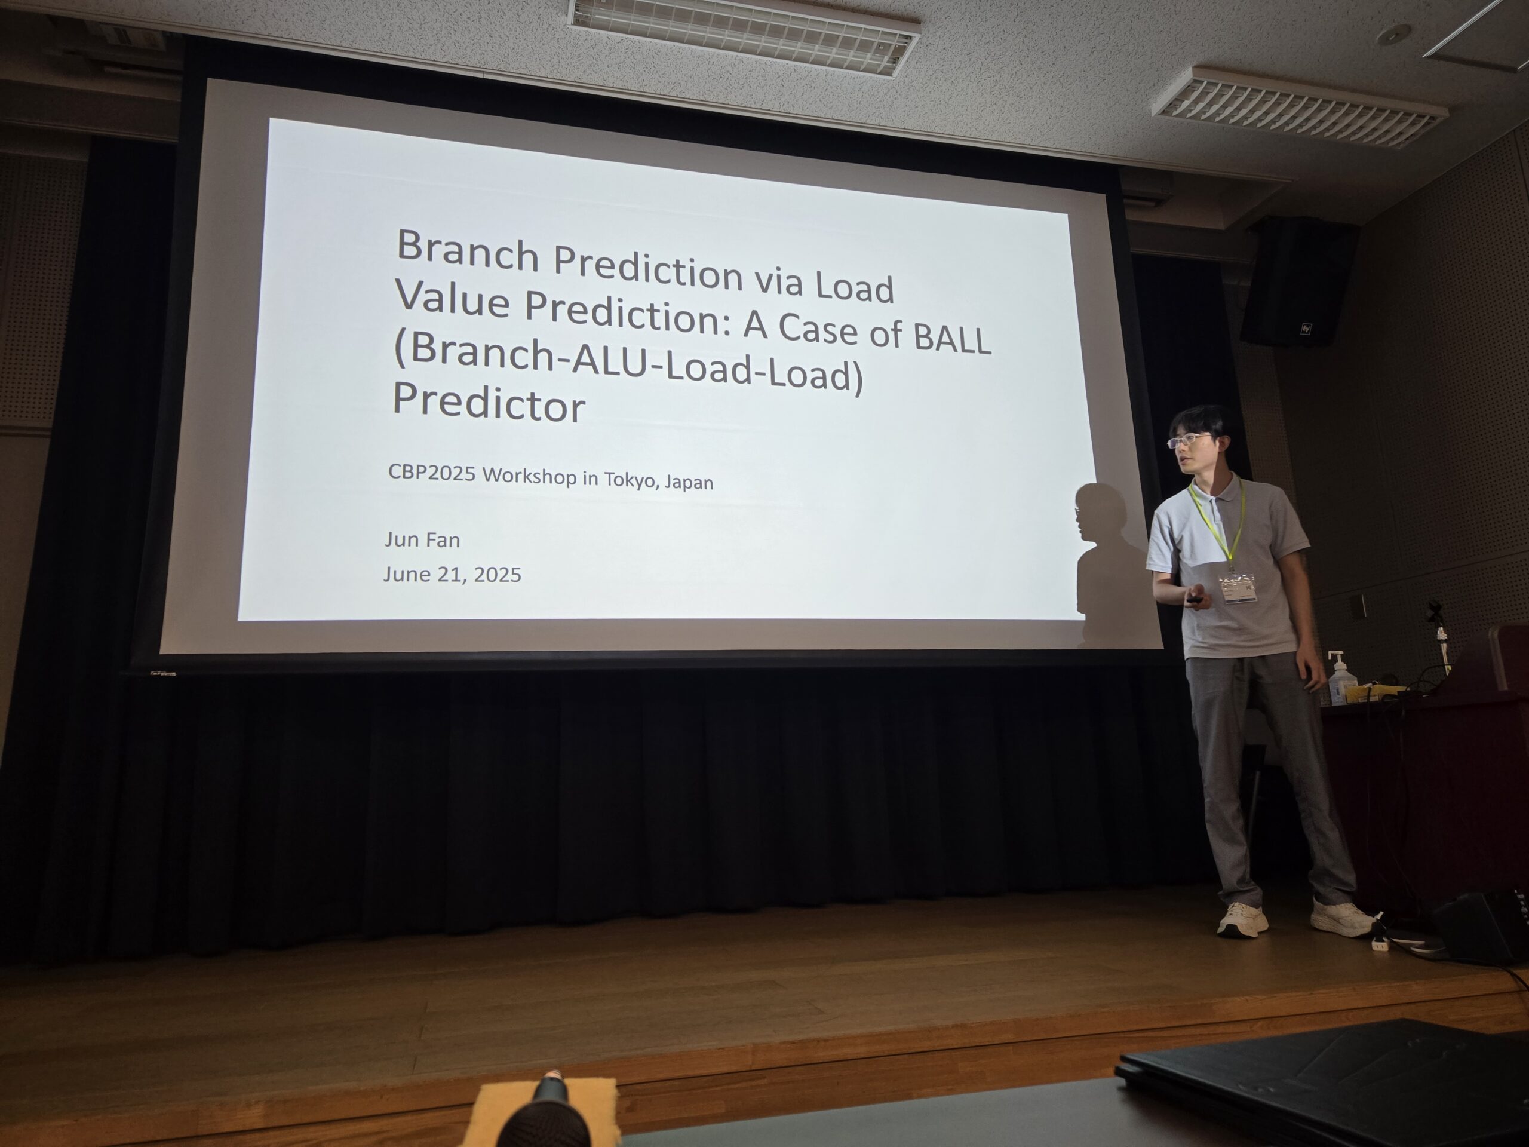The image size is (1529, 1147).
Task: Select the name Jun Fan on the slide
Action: click(x=422, y=539)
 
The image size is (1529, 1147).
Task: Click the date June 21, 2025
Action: click(x=452, y=575)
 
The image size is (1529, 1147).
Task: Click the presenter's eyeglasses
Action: click(x=1189, y=439)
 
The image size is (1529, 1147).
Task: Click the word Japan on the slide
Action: click(x=689, y=483)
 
